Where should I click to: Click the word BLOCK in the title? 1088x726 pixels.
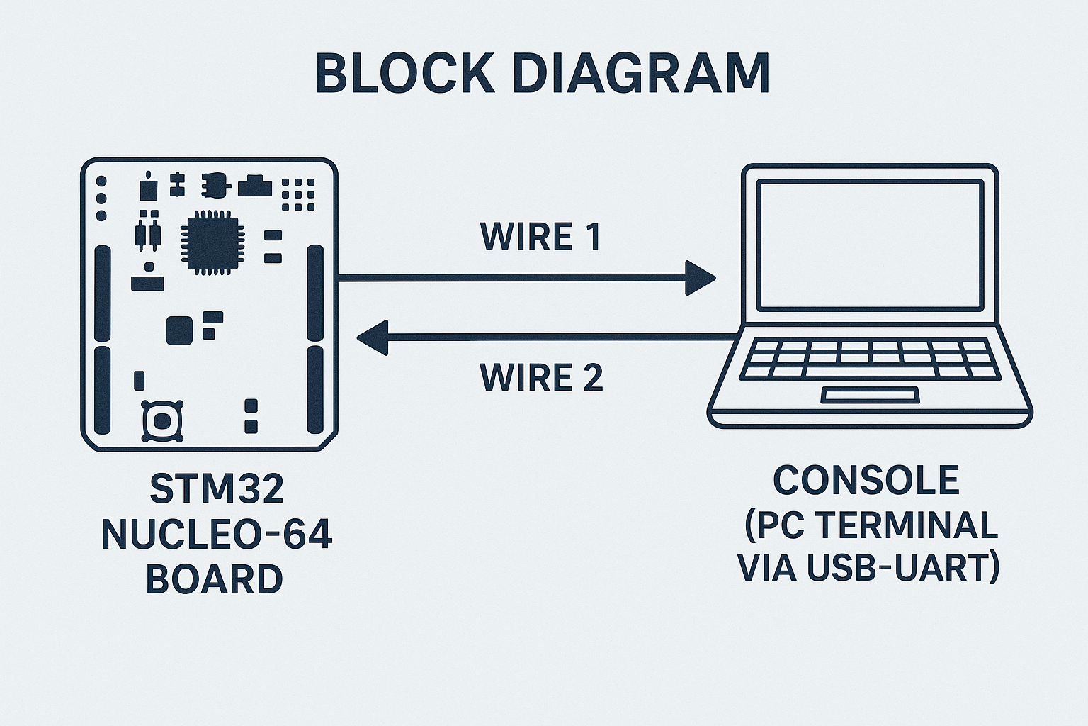point(404,72)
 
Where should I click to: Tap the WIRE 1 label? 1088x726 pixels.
point(540,237)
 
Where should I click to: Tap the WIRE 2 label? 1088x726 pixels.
point(541,377)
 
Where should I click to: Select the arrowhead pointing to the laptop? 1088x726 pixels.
point(700,278)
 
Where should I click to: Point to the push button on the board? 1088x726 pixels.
point(163,421)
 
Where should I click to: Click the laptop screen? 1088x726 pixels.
point(870,245)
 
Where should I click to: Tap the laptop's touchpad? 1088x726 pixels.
point(870,395)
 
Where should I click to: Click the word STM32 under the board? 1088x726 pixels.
point(217,488)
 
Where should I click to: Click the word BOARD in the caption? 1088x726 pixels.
point(214,579)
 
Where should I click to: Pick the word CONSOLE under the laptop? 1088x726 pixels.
point(866,480)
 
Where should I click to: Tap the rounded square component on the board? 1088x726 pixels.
point(179,330)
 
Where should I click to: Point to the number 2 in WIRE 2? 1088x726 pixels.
point(591,377)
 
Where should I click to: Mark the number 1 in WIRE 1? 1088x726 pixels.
point(591,237)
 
